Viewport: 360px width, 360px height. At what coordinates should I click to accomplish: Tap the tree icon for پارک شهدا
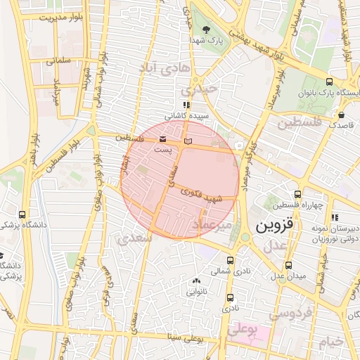click(x=205, y=30)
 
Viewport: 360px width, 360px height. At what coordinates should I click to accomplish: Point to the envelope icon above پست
click(x=163, y=139)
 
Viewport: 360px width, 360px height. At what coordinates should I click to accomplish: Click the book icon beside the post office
click(x=187, y=142)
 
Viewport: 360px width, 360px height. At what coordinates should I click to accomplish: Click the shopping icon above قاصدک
click(x=341, y=115)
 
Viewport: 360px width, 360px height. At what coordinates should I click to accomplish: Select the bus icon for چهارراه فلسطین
click(x=297, y=194)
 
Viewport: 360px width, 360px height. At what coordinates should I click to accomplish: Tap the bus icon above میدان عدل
click(x=289, y=266)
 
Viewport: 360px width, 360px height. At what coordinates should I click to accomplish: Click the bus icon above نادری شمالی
click(x=231, y=259)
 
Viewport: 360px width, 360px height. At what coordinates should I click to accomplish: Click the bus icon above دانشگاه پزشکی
click(x=22, y=214)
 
